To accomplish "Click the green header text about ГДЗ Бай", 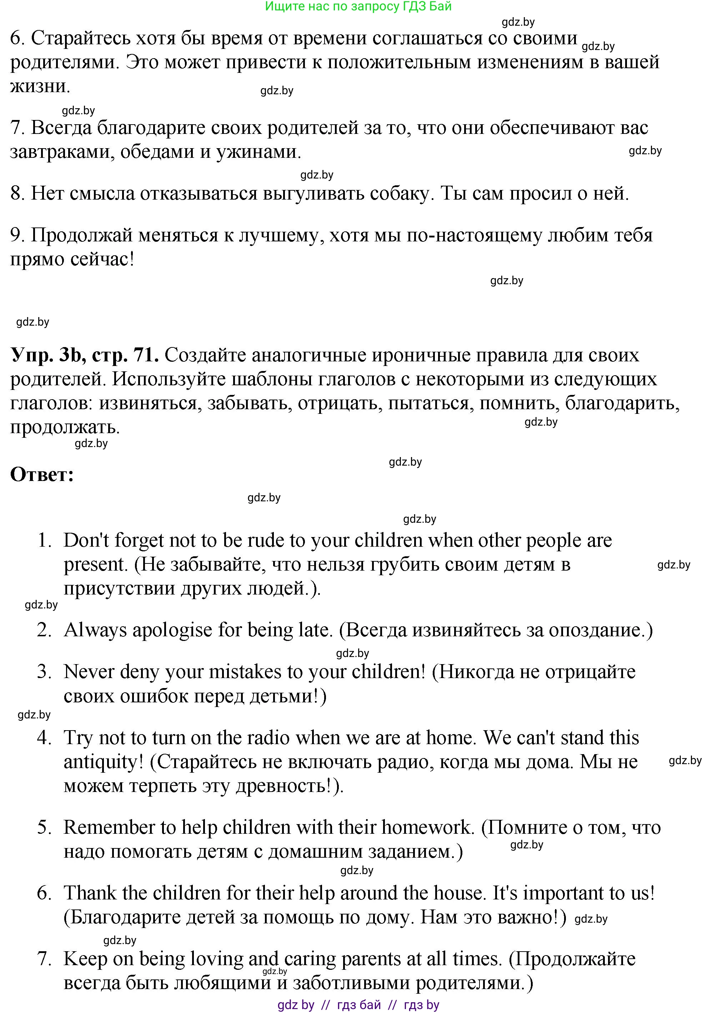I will [x=358, y=6].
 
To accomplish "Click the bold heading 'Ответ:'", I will [x=42, y=475].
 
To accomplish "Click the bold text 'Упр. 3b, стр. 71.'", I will [x=84, y=355].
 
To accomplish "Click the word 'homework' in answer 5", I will [x=427, y=827].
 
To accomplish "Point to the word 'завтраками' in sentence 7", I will [x=62, y=152].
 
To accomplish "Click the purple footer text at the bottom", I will [x=358, y=1004].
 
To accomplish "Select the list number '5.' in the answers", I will [x=45, y=827].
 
